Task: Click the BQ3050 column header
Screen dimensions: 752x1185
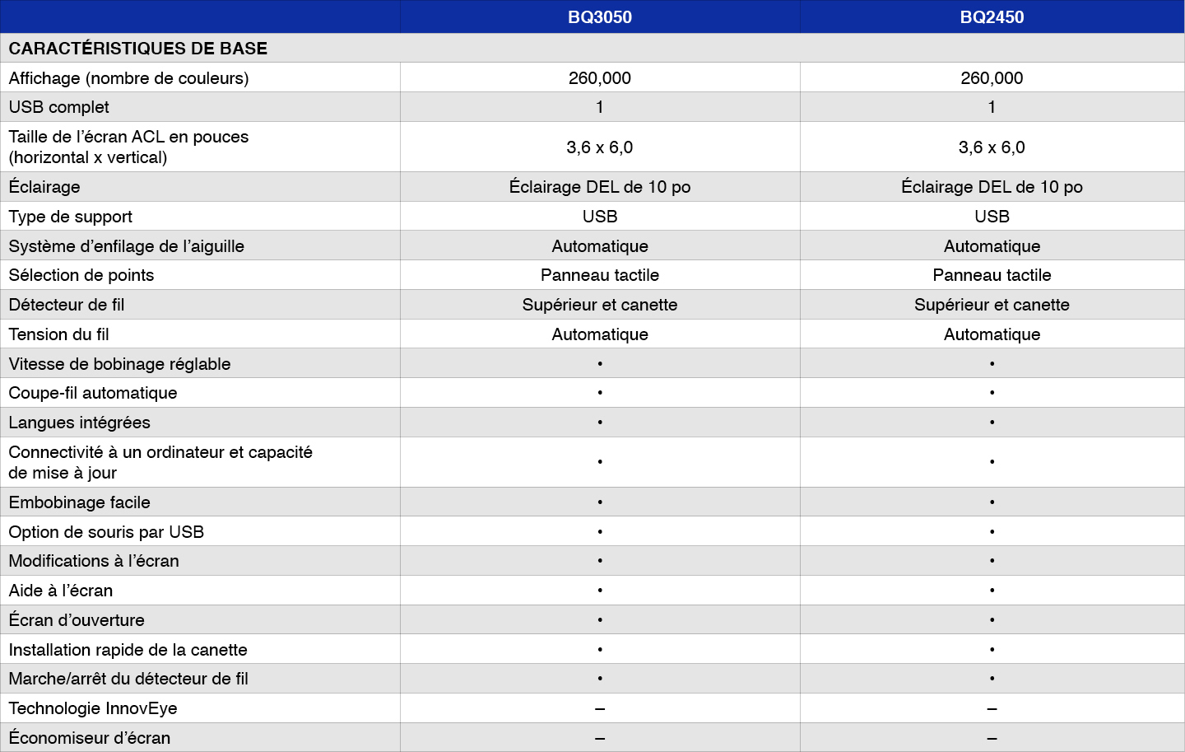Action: tap(600, 17)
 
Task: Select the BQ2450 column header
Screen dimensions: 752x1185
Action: tap(992, 17)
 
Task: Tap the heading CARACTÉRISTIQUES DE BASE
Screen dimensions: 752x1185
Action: tap(138, 49)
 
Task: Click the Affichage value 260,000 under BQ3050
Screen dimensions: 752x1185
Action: tap(600, 78)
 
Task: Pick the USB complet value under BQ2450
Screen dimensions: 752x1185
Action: tap(992, 107)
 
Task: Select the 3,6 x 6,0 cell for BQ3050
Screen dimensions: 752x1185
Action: tap(600, 147)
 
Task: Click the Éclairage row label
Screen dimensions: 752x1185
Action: tap(44, 187)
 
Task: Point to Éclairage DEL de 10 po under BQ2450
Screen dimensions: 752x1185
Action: tap(992, 187)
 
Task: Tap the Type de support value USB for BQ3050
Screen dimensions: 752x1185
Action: tap(600, 217)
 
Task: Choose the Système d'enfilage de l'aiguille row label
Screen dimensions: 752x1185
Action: tap(127, 246)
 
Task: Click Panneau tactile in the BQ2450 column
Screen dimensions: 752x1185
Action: tap(992, 275)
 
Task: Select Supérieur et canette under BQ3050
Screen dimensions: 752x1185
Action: tap(600, 305)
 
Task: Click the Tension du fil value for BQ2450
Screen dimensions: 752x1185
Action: tap(992, 334)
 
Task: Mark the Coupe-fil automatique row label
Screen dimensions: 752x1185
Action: tap(93, 393)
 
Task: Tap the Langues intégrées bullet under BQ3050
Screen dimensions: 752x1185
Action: tap(600, 423)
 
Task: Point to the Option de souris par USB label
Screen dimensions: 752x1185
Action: tap(106, 532)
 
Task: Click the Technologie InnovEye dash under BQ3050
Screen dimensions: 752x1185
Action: tap(600, 708)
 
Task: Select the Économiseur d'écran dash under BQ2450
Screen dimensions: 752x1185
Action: tap(992, 738)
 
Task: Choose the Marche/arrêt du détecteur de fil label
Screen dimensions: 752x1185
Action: tap(128, 679)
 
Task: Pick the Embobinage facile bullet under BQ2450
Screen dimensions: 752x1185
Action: tap(992, 502)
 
